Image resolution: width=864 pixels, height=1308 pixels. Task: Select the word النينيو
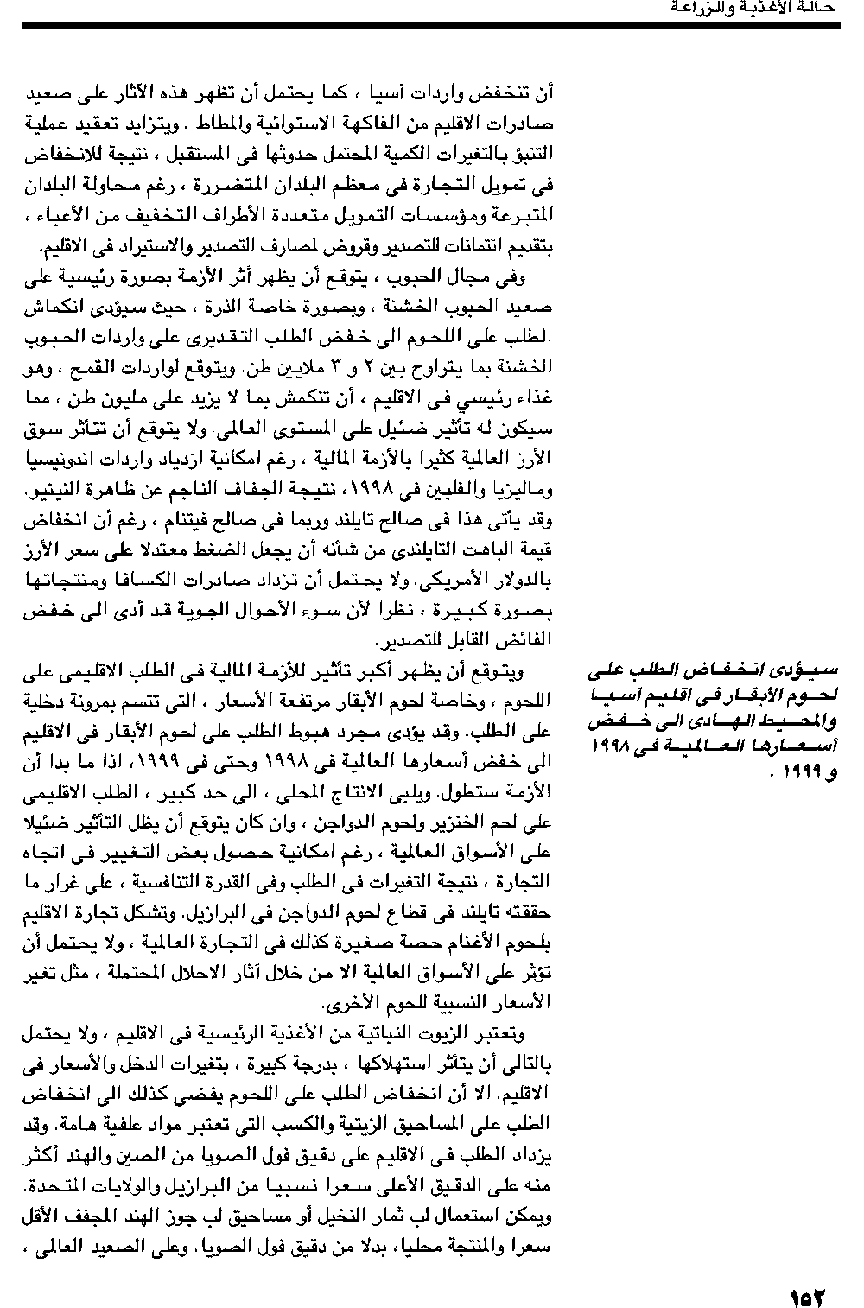(x=58, y=489)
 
